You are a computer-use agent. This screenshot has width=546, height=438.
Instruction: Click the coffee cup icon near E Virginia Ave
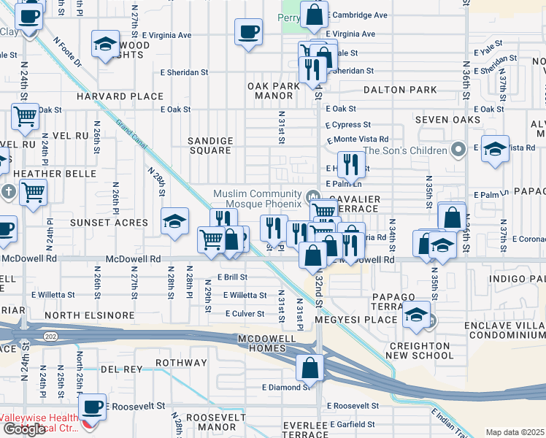(x=248, y=32)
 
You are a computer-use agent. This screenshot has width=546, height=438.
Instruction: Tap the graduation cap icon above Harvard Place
(x=106, y=45)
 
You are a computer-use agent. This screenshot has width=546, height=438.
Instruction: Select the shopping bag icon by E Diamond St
(x=309, y=368)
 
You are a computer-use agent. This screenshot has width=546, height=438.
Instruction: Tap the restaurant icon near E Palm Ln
(x=351, y=165)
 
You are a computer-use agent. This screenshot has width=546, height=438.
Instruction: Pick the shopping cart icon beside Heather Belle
(x=33, y=193)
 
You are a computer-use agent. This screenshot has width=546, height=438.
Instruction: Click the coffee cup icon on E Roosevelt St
(x=92, y=406)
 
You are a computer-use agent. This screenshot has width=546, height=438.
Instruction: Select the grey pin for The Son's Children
(x=458, y=150)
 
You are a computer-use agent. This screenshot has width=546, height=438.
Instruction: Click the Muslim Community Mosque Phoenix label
(x=256, y=199)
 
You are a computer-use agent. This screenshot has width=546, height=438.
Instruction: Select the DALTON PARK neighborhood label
(x=401, y=91)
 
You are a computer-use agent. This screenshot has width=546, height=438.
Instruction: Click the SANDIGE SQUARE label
(x=210, y=145)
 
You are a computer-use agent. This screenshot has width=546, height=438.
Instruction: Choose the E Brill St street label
(x=232, y=277)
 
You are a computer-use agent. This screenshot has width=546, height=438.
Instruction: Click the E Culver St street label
(x=244, y=313)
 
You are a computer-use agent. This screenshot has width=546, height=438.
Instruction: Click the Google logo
(x=24, y=429)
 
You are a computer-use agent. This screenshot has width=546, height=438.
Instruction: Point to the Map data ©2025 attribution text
(x=515, y=432)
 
